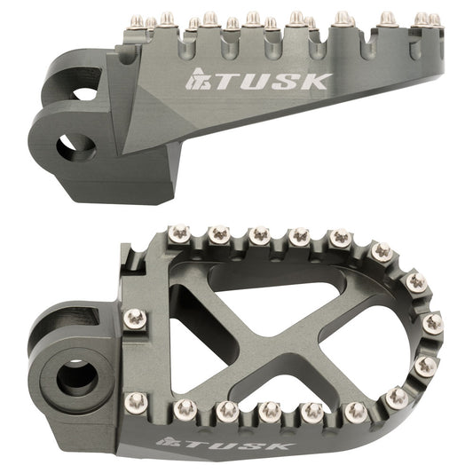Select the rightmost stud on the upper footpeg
(x=434, y=18)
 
